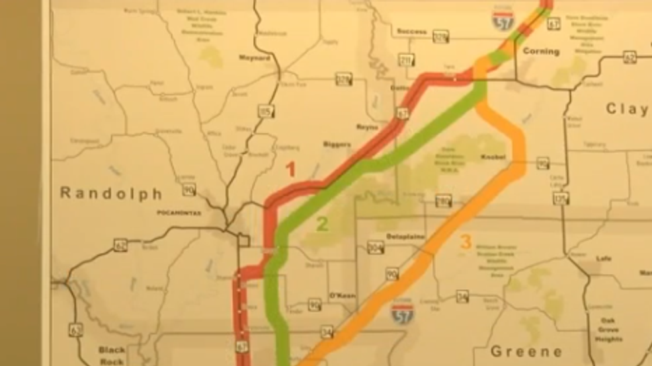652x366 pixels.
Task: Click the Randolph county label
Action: coord(111,194)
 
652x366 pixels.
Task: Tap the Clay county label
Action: coord(626,109)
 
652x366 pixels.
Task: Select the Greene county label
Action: coord(526,351)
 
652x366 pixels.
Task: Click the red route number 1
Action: coord(290,170)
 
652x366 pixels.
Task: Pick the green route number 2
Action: coord(322,224)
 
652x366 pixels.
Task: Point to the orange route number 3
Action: coord(466,242)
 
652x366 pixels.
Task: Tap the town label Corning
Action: coord(541,51)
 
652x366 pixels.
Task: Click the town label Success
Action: coord(411,32)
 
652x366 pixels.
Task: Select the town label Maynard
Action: coord(255,58)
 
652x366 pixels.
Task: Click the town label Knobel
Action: coord(493,157)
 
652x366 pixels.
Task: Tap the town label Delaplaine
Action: coord(405,236)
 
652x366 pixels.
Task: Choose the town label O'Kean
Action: coord(343,295)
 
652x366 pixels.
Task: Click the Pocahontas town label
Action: coord(175,213)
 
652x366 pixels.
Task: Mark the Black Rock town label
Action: coord(112,355)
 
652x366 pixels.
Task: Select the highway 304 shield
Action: coord(375,247)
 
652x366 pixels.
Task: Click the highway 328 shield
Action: coord(343,79)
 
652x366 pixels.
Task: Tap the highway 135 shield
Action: coord(561,197)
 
